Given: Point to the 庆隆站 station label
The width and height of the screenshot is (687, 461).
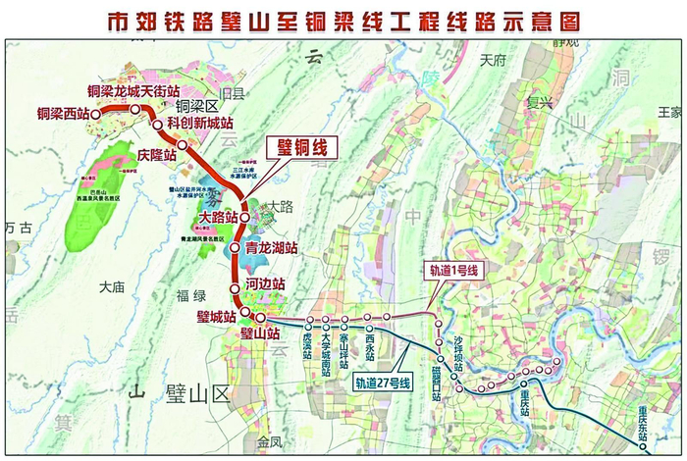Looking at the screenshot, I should pos(157,154).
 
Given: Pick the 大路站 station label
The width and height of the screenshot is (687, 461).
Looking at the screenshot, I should pos(218,218).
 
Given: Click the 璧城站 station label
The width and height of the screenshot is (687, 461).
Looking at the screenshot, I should pos(216,316).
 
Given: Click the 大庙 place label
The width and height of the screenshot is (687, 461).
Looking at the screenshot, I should pos(114,286).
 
